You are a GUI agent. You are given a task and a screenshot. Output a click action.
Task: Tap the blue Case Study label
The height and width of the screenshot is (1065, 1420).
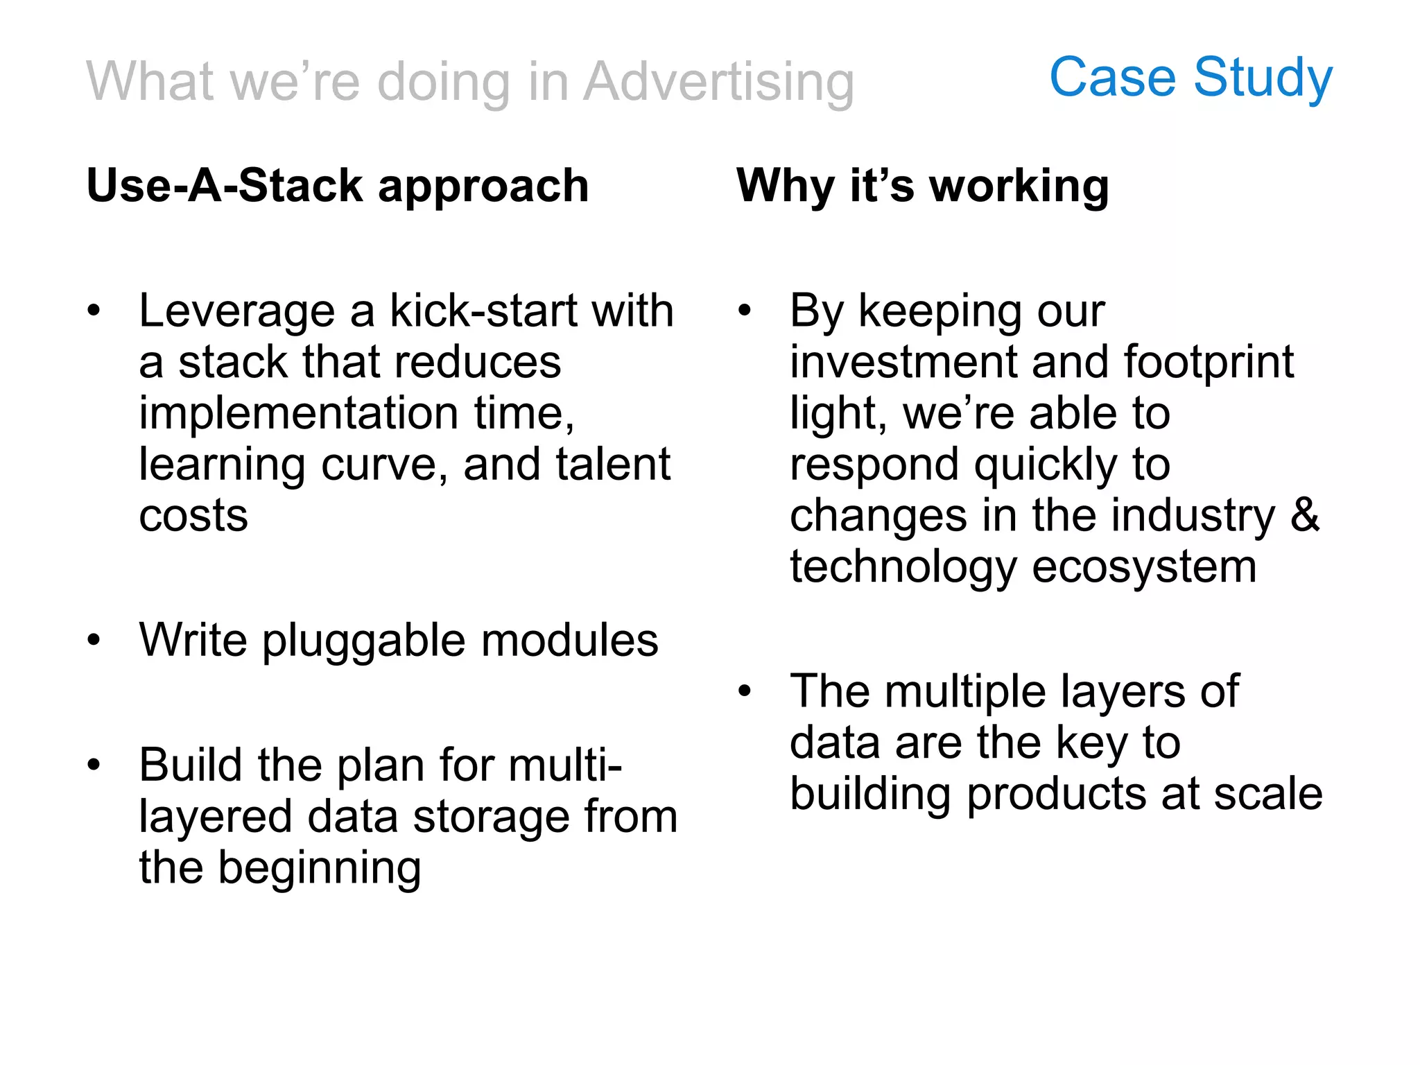pos(1190,78)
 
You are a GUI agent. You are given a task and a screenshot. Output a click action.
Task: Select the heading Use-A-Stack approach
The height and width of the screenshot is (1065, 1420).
pos(338,186)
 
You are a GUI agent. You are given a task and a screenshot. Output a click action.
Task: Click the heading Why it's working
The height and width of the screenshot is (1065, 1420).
pos(922,186)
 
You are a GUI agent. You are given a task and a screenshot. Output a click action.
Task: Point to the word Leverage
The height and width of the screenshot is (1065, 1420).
pos(236,311)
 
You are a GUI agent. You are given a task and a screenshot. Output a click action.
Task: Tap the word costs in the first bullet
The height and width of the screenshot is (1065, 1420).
pos(193,516)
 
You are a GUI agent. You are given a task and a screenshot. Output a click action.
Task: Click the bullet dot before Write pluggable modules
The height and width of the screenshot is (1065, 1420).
pos(94,640)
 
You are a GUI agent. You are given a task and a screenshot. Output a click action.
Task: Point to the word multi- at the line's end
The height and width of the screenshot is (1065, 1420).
pos(564,765)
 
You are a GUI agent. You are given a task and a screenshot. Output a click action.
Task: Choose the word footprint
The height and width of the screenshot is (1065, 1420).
pos(1208,362)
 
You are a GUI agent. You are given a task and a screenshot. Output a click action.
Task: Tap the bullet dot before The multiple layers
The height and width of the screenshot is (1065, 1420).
pos(745,691)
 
